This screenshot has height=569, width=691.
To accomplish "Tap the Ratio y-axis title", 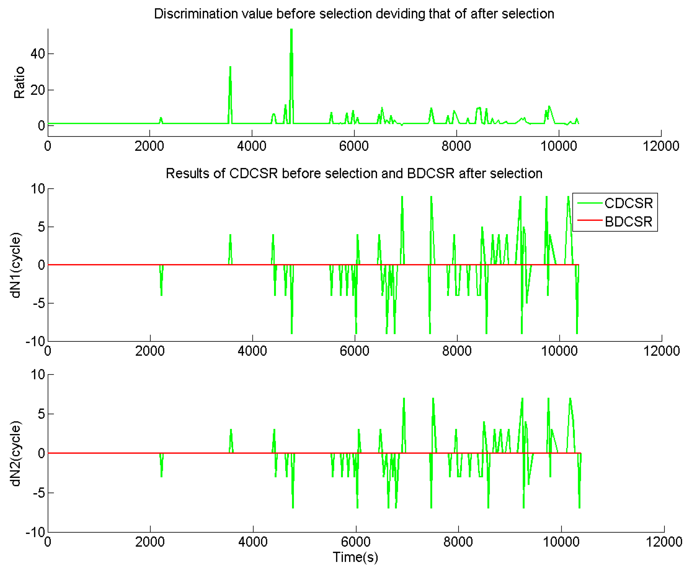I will point(19,82).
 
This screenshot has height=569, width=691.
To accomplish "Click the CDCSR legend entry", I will point(628,203).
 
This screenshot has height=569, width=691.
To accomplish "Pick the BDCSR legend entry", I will point(628,222).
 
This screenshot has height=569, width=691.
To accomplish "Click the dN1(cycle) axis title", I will point(15,265).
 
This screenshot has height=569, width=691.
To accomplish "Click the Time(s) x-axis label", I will point(355,557).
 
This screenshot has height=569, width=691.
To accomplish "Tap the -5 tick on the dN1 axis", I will point(39,303).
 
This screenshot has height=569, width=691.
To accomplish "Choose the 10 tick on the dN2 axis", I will point(37,375).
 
